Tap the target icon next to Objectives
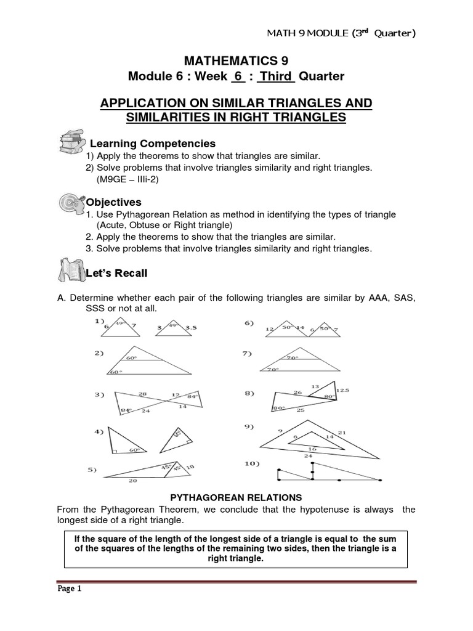pos(72,203)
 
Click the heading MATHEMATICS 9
pos(236,60)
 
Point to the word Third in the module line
pos(277,76)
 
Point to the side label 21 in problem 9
pos(342,433)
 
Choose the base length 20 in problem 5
pos(132,482)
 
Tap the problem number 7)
pos(247,354)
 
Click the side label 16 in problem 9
pos(312,449)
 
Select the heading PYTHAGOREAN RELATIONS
pos(235,496)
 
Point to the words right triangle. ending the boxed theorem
pos(236,559)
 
